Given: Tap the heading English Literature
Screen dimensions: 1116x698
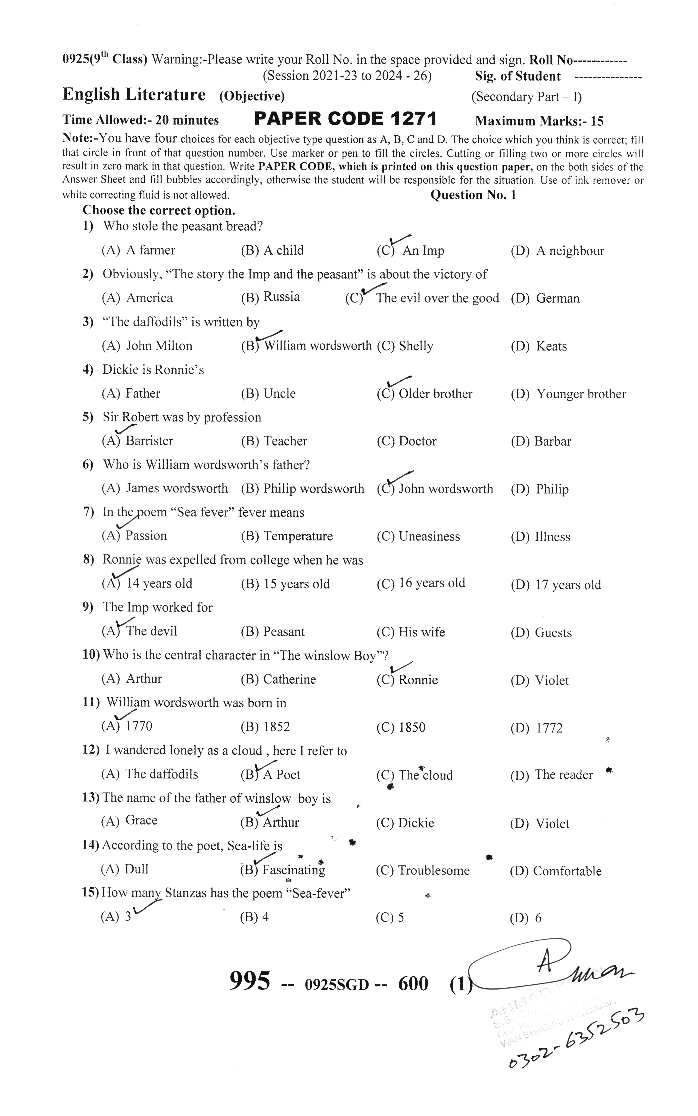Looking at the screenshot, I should pos(134,95).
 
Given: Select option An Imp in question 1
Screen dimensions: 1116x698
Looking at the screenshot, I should pos(423,251).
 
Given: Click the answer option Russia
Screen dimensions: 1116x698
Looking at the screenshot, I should pos(281,297).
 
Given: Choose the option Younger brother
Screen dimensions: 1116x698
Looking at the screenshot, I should pos(581,394).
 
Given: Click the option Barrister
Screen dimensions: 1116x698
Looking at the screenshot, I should pos(149,441).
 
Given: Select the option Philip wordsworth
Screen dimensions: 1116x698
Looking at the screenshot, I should pos(313,488).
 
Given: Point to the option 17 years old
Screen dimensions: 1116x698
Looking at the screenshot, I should pos(568,585).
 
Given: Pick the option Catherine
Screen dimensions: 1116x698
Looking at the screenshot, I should pos(289,679).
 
